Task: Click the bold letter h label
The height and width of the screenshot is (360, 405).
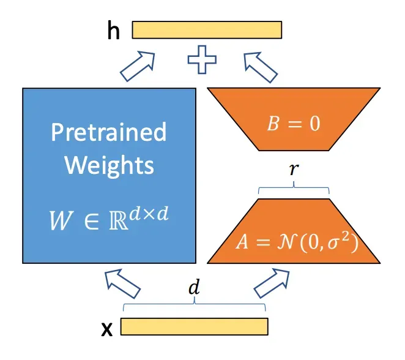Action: [113, 31]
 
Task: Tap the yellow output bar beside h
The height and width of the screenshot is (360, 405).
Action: [207, 30]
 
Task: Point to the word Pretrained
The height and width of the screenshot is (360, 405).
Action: [109, 132]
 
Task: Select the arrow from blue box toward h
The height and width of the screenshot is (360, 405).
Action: [138, 67]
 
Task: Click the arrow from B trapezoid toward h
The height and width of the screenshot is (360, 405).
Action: [259, 67]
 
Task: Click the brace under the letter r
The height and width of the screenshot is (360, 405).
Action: [294, 189]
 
